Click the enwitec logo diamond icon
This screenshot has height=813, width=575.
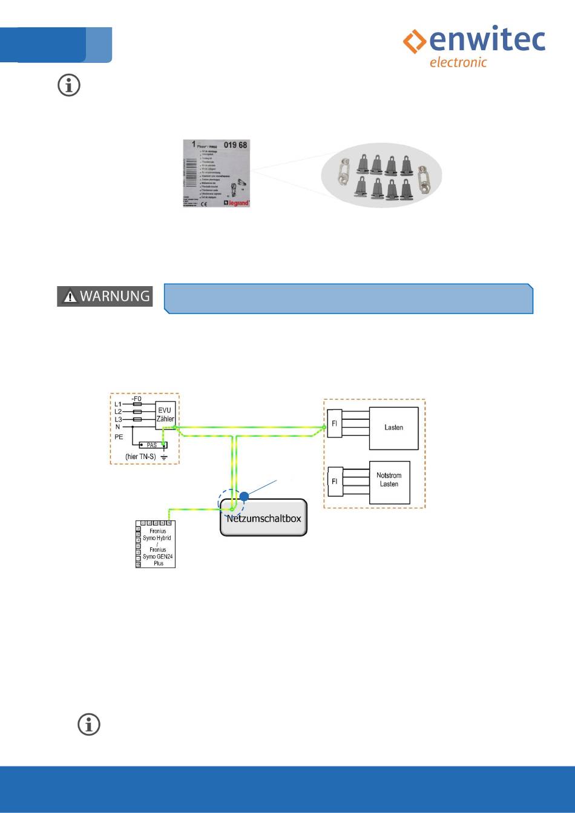[415, 42]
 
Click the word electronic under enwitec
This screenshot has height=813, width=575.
[458, 62]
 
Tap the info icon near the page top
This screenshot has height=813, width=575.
[69, 86]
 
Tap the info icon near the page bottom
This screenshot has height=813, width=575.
[89, 724]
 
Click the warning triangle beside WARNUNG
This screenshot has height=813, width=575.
[70, 296]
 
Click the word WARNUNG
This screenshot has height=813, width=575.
[115, 296]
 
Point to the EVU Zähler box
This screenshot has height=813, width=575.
[165, 414]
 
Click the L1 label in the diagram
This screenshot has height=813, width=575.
[118, 404]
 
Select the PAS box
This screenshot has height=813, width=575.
[152, 445]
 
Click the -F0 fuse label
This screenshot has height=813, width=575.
[136, 399]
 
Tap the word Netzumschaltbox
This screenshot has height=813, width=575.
[263, 518]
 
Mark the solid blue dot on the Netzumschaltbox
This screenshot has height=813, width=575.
[243, 497]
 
